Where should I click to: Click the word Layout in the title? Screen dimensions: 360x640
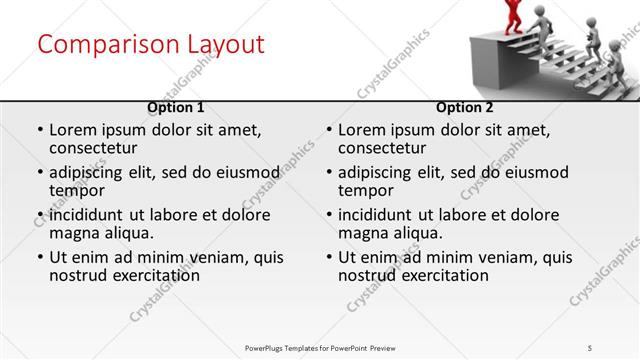tap(224, 45)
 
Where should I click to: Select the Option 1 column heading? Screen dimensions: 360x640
tap(176, 107)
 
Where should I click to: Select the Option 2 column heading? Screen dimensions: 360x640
tap(465, 107)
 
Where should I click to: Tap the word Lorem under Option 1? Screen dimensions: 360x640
tap(73, 130)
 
